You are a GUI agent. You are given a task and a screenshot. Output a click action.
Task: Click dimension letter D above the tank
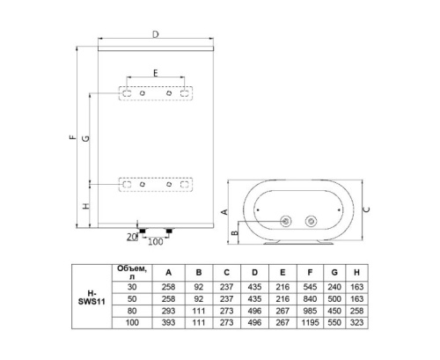pyautogui.click(x=155, y=34)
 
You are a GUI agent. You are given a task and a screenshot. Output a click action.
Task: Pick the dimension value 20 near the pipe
pyautogui.click(x=132, y=237)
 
